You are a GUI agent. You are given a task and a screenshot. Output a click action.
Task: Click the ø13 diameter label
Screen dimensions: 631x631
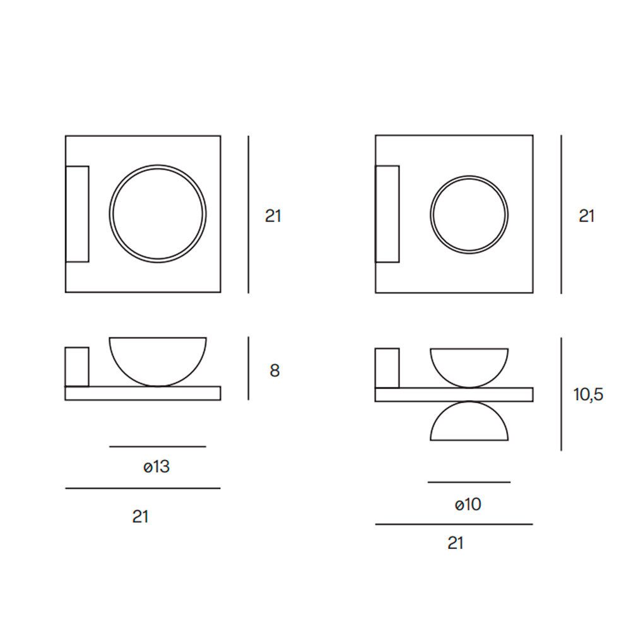156,467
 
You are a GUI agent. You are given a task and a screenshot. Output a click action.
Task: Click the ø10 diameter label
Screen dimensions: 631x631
468,504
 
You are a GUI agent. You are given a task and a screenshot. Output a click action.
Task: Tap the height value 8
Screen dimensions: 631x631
274,370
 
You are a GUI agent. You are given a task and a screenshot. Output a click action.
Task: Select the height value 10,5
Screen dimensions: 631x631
588,394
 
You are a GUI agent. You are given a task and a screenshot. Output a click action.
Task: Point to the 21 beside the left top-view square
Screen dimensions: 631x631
273,216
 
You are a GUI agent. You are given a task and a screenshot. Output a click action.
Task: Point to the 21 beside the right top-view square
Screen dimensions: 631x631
587,216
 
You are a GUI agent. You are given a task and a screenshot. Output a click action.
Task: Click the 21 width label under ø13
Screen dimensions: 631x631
140,517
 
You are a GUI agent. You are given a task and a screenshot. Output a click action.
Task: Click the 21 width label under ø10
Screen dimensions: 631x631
456,543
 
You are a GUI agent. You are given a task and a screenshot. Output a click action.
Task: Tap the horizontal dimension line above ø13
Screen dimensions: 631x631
158,446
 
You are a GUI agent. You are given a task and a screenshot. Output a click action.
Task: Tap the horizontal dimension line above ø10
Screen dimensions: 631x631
469,481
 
